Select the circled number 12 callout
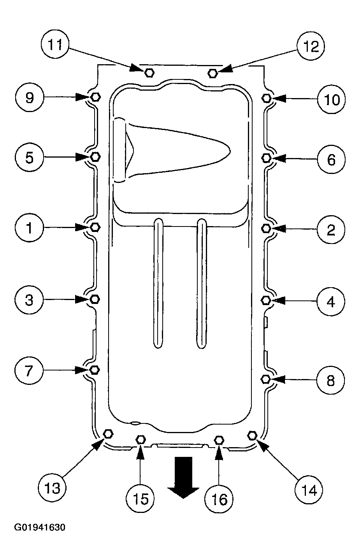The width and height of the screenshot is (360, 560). (311, 46)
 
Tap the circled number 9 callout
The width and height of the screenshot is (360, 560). (29, 97)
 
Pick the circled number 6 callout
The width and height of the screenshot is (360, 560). (331, 159)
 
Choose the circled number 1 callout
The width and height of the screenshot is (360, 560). (29, 228)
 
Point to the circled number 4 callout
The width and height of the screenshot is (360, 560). (331, 302)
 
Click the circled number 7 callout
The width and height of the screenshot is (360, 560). (29, 370)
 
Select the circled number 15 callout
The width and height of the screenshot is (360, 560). (140, 498)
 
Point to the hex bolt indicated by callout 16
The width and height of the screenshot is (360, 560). (219, 440)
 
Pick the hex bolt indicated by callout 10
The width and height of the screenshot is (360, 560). (266, 98)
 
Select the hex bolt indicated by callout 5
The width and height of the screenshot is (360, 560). (95, 156)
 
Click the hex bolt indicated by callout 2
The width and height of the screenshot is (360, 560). (266, 228)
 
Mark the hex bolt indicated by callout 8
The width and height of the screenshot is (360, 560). (265, 379)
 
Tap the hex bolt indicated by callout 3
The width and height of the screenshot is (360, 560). (95, 299)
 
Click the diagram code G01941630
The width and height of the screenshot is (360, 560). (40, 527)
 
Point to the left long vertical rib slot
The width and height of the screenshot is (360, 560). (158, 283)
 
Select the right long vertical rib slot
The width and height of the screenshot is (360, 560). (202, 283)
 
